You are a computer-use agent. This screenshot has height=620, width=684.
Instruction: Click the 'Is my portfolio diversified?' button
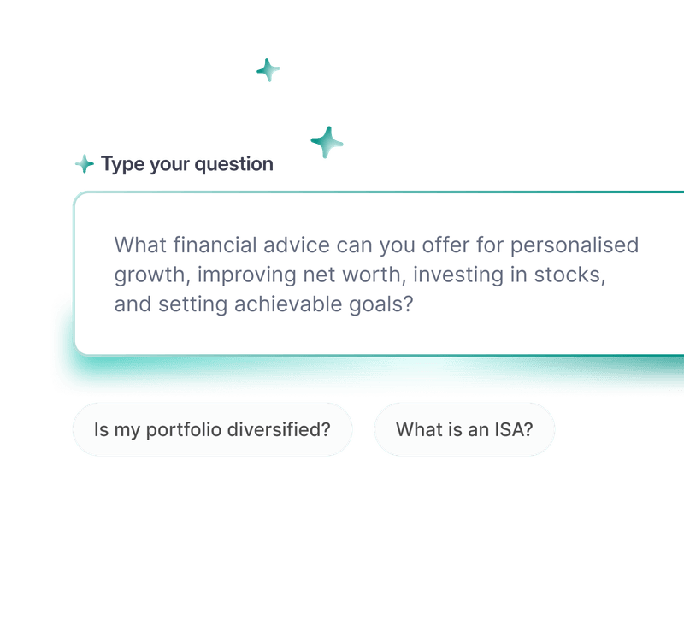(212, 429)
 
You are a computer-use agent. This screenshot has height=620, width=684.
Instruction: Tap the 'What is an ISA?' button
(464, 429)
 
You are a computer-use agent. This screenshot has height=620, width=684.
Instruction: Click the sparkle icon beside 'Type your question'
(84, 163)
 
